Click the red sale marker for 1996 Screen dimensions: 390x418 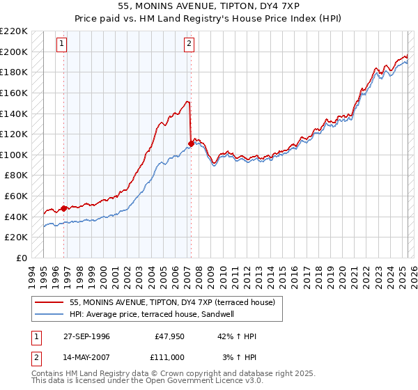click(64, 208)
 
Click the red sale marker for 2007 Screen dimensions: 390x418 click(190, 144)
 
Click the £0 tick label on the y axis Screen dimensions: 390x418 click(22, 258)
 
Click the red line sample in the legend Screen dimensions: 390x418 click(49, 302)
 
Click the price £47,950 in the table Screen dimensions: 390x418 click(169, 336)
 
